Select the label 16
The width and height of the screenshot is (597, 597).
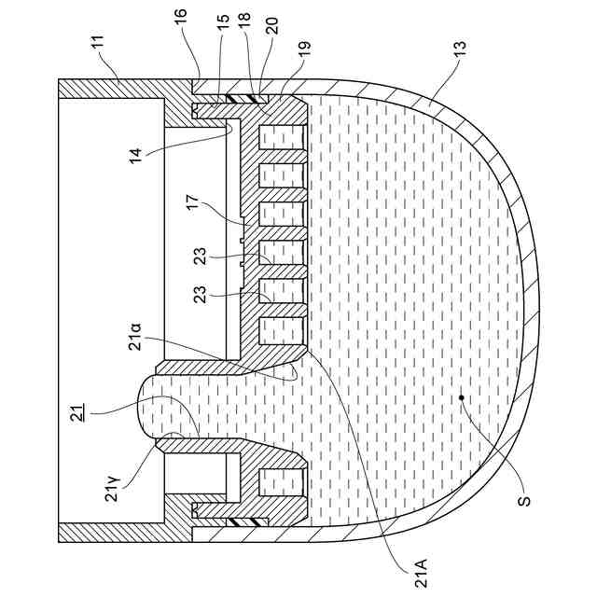[x=181, y=17]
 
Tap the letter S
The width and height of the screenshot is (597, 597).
[x=525, y=500]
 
